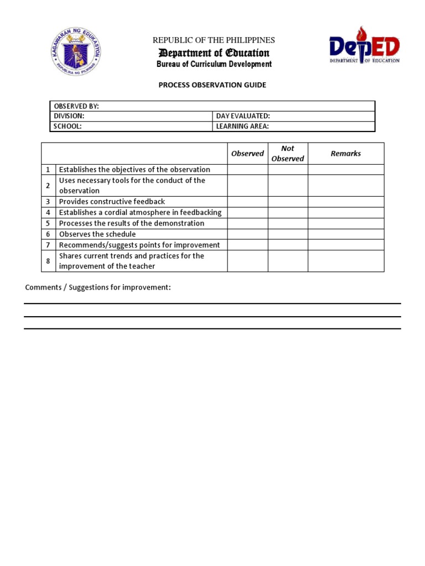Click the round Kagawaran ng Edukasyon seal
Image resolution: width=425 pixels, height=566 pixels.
(x=75, y=51)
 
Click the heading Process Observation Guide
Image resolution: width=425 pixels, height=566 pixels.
(x=212, y=85)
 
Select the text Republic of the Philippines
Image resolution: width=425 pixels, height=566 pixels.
(x=214, y=40)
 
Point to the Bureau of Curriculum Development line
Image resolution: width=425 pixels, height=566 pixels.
(x=214, y=64)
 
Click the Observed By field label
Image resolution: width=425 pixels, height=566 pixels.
(x=76, y=106)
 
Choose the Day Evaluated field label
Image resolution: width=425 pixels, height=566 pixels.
(x=243, y=116)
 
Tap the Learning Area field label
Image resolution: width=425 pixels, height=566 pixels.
(x=242, y=126)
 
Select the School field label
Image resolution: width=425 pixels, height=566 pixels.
(x=68, y=126)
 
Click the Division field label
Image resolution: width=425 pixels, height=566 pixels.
(x=69, y=116)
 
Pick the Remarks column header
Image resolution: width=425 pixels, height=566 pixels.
(x=346, y=154)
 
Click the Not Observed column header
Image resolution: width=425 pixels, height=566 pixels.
(x=288, y=154)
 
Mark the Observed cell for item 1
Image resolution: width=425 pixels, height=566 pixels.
(x=247, y=170)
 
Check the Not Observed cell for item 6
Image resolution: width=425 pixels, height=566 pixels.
(x=288, y=234)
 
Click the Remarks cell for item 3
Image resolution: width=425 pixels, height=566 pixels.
(x=346, y=202)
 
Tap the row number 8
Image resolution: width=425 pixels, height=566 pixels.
(x=48, y=261)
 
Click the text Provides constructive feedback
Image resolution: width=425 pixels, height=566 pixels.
(x=112, y=202)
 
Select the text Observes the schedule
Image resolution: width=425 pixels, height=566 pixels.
(x=97, y=234)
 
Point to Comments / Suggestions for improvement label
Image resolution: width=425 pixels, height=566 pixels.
(x=98, y=287)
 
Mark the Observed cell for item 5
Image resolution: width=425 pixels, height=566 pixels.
(x=247, y=223)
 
